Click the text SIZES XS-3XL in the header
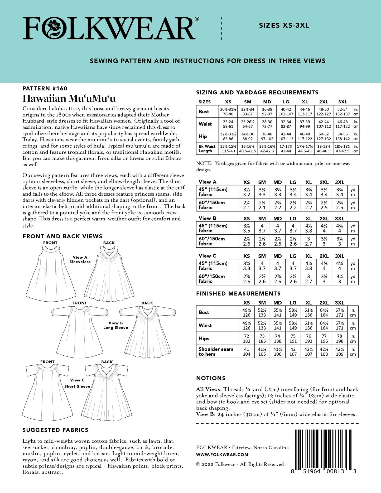284,26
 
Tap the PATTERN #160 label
45,88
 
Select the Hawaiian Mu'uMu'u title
69,98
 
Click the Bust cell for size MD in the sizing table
267,112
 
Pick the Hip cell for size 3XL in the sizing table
343,136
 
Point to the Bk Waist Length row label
207,148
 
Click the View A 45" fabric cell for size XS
246,192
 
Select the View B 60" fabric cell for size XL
308,241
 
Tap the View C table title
207,256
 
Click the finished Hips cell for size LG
293,339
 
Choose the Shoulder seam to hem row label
216,351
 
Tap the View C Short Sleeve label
77,383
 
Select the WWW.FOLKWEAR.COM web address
222,455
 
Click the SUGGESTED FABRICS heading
55,430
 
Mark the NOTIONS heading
211,378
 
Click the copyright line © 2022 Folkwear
240,464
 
